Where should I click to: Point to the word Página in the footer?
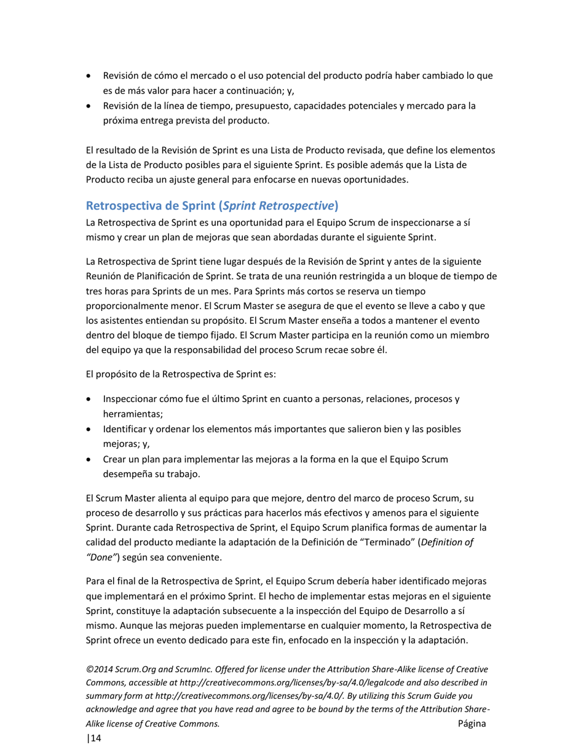pyautogui.click(x=472, y=723)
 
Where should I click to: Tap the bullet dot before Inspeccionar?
pyautogui.click(x=90, y=400)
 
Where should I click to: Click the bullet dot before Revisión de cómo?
pyautogui.click(x=90, y=77)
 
